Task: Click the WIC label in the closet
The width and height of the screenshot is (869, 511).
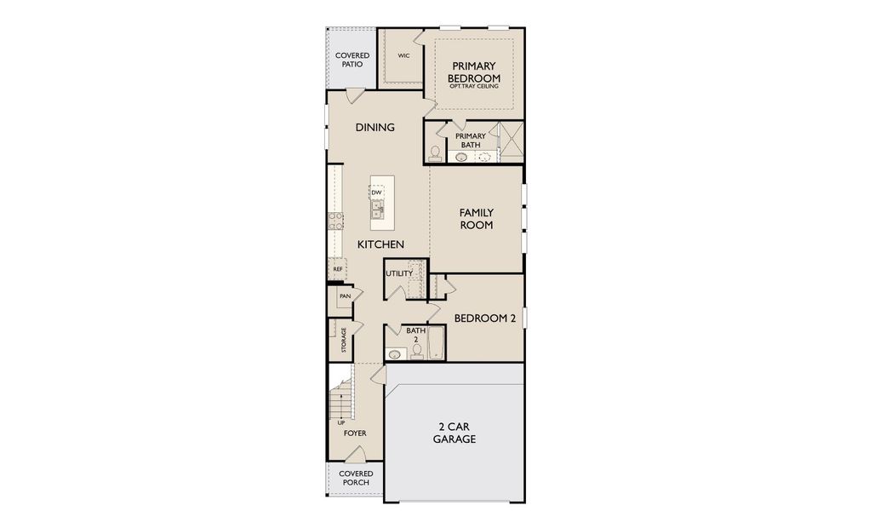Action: [x=403, y=55]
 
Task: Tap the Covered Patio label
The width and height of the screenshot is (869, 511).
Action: [x=352, y=60]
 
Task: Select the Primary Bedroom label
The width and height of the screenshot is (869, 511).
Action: [x=474, y=72]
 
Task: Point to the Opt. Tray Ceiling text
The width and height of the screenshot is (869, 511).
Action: [x=474, y=86]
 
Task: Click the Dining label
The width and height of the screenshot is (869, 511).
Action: [x=374, y=128]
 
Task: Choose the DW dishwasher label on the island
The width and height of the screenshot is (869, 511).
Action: [x=375, y=192]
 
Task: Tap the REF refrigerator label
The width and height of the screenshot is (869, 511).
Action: [x=338, y=269]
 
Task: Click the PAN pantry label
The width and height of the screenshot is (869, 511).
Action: [x=345, y=296]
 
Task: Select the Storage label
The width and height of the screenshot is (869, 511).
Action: [x=344, y=340]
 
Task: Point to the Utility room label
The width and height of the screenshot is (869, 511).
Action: [x=398, y=273]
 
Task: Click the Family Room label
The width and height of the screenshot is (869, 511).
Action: [x=477, y=219]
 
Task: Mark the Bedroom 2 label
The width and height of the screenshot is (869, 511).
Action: [x=484, y=319]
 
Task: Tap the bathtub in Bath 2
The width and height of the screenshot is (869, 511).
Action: [x=436, y=344]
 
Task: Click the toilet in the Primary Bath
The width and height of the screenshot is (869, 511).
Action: [x=435, y=152]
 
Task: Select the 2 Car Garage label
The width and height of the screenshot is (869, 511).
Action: [x=454, y=433]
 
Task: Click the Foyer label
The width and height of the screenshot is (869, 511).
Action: [x=355, y=433]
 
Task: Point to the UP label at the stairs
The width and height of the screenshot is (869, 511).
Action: [x=341, y=422]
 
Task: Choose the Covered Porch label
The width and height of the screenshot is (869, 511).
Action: [x=355, y=478]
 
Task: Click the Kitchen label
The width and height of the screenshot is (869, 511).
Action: [x=380, y=244]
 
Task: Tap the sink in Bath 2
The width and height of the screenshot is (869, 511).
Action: [x=394, y=353]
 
